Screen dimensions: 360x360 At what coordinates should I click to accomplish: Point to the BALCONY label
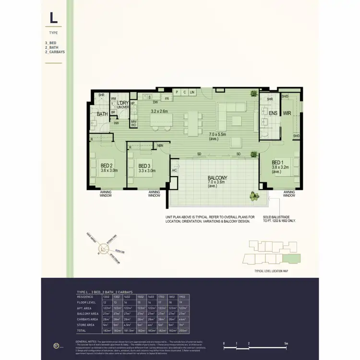pos(217,178)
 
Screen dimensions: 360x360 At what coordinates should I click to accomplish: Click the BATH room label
pos(102,114)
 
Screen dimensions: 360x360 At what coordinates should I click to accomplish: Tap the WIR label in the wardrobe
pos(288,113)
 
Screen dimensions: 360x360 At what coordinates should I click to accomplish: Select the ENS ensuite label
pos(273,113)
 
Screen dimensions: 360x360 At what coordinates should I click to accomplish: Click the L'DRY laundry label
pos(123,103)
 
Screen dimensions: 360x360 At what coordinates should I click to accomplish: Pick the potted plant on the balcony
pos(253,196)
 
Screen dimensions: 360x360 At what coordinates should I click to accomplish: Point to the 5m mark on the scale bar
pos(286,344)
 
